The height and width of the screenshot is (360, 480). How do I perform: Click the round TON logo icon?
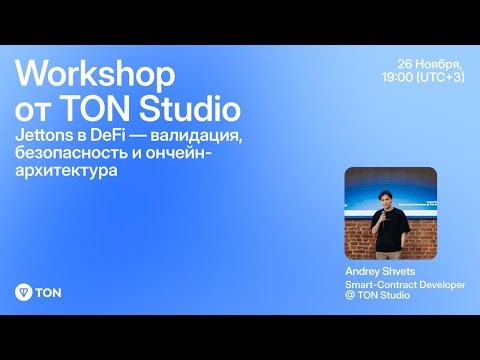click(x=24, y=293)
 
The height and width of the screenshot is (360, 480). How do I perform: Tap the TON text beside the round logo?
click(x=47, y=293)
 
